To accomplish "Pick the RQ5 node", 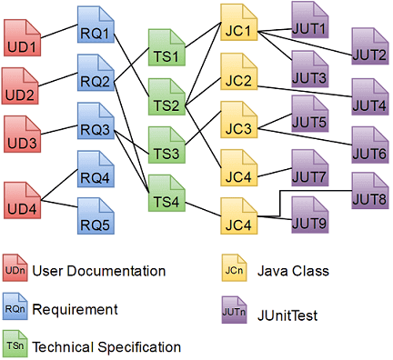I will coord(96,216).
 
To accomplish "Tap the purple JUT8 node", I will coord(367,194).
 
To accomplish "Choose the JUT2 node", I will coord(367,52).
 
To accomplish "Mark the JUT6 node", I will coord(367,146).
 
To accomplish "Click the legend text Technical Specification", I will coord(106,346).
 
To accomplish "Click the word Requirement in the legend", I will coord(75,309).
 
